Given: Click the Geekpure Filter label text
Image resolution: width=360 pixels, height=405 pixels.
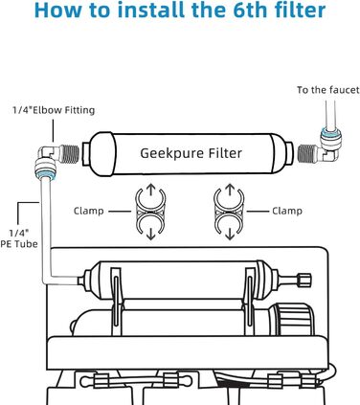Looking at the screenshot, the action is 191,153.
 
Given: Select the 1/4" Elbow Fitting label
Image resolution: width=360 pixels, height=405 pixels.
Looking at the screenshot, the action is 54,110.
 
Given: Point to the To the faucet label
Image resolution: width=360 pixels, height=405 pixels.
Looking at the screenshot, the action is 328,90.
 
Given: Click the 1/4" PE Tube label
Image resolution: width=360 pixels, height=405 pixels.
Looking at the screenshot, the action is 19,238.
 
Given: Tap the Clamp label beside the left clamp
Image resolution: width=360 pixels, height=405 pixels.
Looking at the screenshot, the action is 89,211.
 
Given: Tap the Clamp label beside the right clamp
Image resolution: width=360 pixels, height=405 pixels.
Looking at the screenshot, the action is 287,211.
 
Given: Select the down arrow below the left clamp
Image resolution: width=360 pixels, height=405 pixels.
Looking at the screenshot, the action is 150,233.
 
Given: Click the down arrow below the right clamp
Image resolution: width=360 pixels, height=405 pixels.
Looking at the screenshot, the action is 229,233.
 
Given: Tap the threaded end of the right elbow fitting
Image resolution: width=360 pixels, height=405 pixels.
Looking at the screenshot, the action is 307,152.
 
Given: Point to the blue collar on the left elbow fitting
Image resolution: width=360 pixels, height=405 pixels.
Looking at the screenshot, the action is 45,174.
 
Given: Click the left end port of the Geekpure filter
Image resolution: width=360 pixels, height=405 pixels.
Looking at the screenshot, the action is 85,154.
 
